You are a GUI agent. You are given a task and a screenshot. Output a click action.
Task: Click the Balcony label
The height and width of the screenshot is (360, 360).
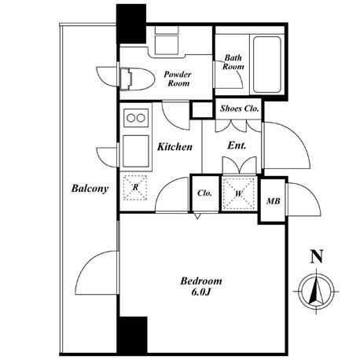point(90,189)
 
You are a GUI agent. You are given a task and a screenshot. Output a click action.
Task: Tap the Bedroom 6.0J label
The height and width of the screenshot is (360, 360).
point(201,286)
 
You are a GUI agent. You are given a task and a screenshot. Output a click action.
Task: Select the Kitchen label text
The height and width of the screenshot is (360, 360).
point(174,147)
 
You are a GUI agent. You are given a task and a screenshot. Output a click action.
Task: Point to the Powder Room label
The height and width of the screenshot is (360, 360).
point(178,79)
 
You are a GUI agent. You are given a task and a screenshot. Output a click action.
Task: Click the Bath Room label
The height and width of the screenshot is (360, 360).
point(233,62)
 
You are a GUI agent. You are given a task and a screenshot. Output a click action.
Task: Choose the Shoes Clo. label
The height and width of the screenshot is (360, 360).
point(239,108)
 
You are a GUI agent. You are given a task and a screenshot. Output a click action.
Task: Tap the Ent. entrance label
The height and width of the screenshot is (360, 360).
point(237,145)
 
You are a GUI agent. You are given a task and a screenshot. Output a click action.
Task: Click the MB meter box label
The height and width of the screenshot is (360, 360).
point(274,201)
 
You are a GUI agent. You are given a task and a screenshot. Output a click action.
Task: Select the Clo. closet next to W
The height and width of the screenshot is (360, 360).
point(204,193)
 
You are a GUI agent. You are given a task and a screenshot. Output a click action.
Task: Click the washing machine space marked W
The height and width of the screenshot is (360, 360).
point(239,193)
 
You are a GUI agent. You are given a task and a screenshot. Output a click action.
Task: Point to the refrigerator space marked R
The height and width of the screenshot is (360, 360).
point(135,188)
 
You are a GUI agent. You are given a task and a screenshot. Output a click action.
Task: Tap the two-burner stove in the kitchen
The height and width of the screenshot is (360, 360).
point(136,118)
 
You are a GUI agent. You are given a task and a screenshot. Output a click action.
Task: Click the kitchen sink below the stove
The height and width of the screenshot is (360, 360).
point(136,151)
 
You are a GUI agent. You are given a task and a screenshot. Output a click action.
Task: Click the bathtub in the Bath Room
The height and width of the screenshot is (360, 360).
point(267,64)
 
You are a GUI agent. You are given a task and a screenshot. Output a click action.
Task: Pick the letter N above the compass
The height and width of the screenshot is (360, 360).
point(317,257)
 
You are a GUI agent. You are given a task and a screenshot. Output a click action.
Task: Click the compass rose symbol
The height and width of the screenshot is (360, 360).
point(317,291)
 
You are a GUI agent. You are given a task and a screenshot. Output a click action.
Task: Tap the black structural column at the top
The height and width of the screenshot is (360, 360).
point(131,24)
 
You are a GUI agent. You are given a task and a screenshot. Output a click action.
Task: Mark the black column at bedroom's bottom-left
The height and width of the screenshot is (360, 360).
point(132,336)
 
